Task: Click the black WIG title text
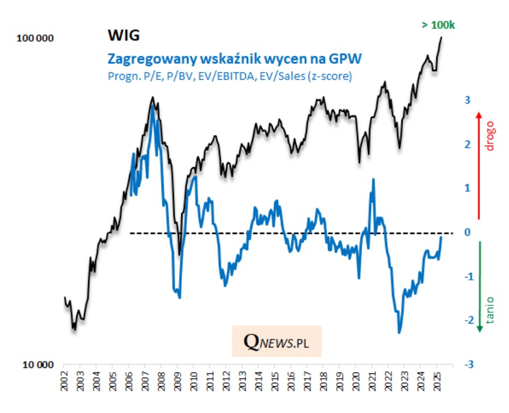(x=123, y=36)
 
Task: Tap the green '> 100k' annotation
(x=439, y=25)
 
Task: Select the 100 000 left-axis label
(x=35, y=39)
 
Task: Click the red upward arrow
(x=479, y=165)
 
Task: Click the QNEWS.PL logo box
(x=276, y=341)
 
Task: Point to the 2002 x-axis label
(x=64, y=381)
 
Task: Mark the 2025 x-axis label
(x=436, y=381)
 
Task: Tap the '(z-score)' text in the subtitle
(x=330, y=76)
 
